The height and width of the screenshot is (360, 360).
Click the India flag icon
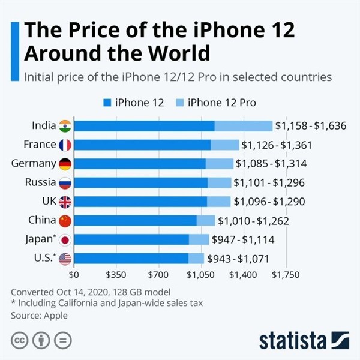click(x=65, y=126)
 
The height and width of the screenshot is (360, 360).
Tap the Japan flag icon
click(x=65, y=240)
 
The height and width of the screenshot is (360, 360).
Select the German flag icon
click(x=65, y=164)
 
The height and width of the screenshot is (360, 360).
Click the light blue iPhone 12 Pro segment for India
click(x=243, y=126)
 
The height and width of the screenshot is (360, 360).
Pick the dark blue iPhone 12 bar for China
click(x=136, y=221)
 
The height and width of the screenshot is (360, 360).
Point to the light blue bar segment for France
click(x=224, y=145)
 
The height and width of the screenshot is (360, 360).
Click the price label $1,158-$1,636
click(x=311, y=126)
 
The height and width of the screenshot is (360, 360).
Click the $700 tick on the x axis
click(x=158, y=275)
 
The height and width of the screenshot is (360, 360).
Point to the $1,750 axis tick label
click(x=286, y=275)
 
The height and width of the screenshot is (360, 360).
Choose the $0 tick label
click(x=74, y=275)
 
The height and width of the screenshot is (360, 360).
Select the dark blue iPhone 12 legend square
click(x=108, y=103)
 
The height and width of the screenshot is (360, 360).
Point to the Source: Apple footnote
click(x=40, y=315)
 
